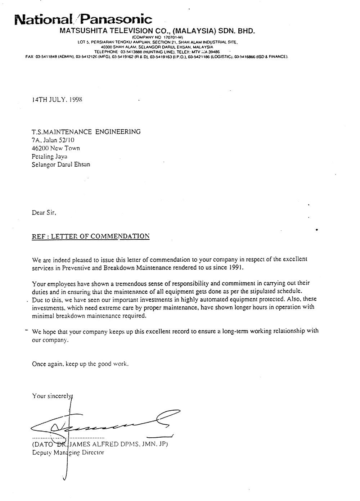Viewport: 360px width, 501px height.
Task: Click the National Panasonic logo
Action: tap(83, 19)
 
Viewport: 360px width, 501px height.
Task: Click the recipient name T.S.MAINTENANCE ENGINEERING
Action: tap(86, 132)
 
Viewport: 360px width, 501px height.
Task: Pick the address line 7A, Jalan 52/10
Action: tap(54, 140)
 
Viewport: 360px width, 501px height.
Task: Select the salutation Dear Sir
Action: tap(44, 213)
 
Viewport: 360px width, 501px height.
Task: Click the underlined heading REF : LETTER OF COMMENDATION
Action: tap(91, 236)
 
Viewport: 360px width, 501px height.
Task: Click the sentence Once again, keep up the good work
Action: tap(80, 364)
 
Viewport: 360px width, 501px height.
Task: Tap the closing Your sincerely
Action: tap(52, 396)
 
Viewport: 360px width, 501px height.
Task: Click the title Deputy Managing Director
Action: tap(68, 452)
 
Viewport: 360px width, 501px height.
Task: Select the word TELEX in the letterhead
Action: tap(184, 52)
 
